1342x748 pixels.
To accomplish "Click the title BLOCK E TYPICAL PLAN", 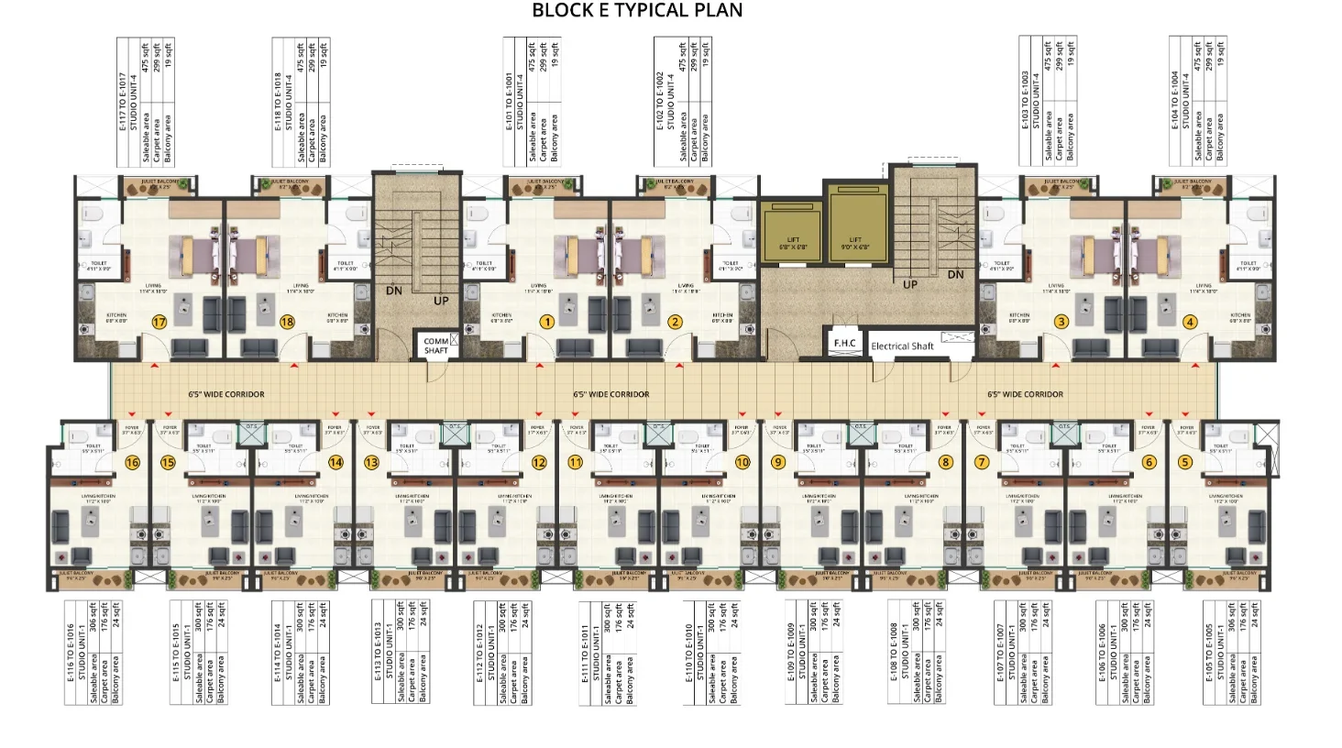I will click(x=637, y=11).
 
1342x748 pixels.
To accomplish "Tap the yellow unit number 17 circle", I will click(x=159, y=322).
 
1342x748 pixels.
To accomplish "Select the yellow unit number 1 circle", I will click(x=547, y=322).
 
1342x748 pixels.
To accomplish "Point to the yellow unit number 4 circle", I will click(x=1190, y=322).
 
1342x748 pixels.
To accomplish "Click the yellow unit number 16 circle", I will click(x=132, y=462).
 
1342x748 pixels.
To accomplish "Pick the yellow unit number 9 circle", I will click(x=778, y=462).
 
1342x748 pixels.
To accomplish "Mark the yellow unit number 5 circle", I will click(x=1185, y=462).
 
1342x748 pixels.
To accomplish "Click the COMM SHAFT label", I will click(x=436, y=346).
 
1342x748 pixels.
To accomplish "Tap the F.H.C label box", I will click(x=844, y=343).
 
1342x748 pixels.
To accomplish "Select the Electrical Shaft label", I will click(x=902, y=346).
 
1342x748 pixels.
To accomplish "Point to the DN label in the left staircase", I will click(x=394, y=291).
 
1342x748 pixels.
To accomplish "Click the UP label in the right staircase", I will click(x=910, y=284).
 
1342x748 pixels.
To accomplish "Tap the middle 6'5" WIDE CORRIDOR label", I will click(x=611, y=394).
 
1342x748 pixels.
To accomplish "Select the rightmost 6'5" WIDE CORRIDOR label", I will click(x=1025, y=394).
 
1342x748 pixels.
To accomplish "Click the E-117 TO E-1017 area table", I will click(x=146, y=102).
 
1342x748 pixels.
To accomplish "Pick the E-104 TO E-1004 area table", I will click(x=1198, y=102).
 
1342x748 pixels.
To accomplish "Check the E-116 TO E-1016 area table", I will click(x=93, y=652).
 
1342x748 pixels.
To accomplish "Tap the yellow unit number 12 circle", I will click(x=539, y=462).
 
